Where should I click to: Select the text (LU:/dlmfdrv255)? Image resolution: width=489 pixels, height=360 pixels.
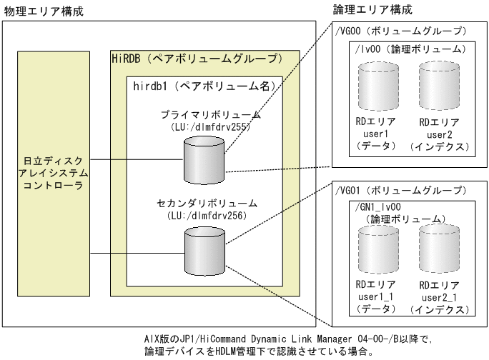pos(203,127)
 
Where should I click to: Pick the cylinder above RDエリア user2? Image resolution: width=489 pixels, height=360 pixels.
pos(436,85)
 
